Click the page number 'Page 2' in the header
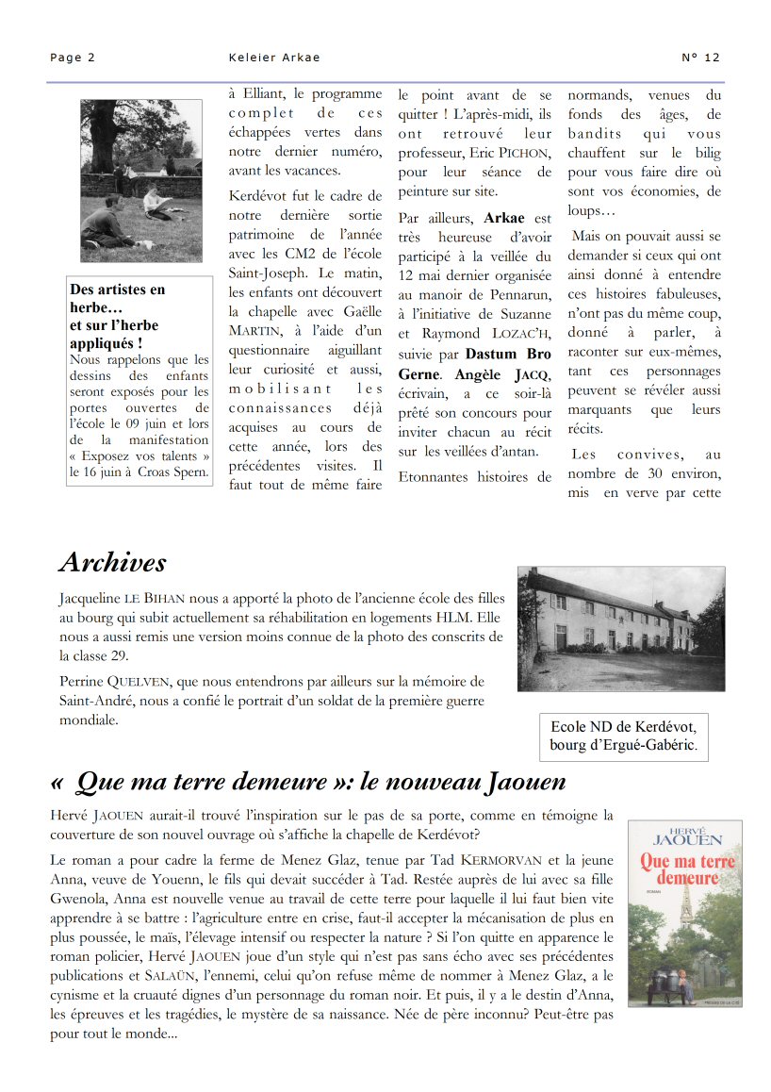[x=73, y=58]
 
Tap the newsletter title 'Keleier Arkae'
[x=274, y=58]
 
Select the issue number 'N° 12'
[x=700, y=58]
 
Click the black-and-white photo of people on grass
[x=141, y=180]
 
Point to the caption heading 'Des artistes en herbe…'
[x=117, y=299]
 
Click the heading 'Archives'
[x=112, y=562]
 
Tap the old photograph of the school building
[x=620, y=629]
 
